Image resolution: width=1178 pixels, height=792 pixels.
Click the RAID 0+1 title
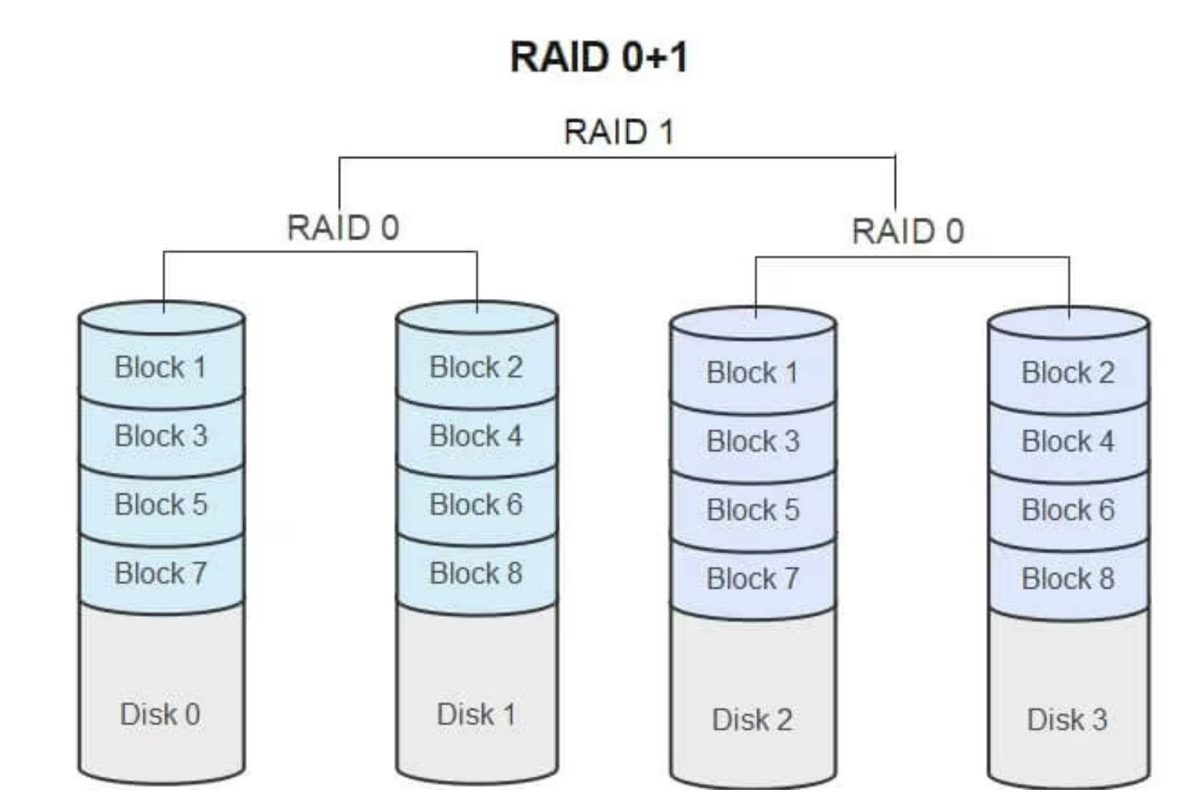(x=599, y=57)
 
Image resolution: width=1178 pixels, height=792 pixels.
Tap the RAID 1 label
(x=618, y=132)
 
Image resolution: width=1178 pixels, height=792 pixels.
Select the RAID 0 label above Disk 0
(x=342, y=228)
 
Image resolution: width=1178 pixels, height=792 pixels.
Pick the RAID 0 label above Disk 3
(x=907, y=232)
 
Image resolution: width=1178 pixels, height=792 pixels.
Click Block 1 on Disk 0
(x=161, y=367)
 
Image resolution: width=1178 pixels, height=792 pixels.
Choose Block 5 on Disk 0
(x=161, y=505)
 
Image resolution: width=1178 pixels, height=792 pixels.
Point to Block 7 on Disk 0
(x=161, y=573)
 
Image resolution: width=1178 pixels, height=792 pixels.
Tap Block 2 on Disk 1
(x=476, y=367)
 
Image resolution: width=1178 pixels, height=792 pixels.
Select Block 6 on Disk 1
(x=476, y=505)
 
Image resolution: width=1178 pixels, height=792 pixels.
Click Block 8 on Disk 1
(x=476, y=573)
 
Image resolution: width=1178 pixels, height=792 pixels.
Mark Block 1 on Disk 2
(x=752, y=373)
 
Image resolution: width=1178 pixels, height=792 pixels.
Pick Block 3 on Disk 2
(x=752, y=442)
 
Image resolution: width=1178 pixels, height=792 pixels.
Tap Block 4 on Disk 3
(x=1067, y=442)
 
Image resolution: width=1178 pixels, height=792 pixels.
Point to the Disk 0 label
(x=160, y=715)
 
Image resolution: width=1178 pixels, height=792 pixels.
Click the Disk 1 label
(x=476, y=715)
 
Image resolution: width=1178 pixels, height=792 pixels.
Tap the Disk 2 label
(x=752, y=720)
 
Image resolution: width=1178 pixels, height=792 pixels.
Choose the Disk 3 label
(x=1067, y=720)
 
